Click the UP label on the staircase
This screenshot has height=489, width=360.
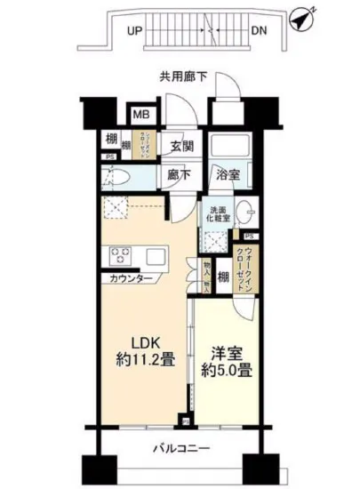point(135,29)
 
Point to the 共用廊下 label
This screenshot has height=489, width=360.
point(185,77)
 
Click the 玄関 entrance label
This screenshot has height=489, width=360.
point(181,146)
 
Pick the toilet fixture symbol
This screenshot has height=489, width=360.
point(116,175)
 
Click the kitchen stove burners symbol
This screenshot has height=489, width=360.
point(121,258)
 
